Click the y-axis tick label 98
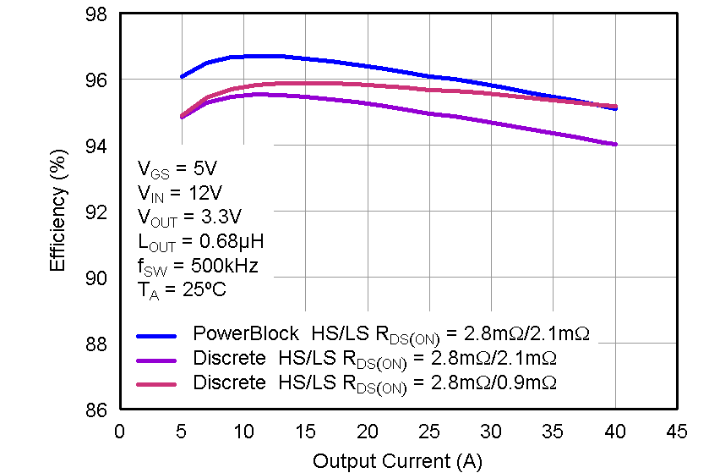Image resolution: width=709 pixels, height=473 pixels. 96,14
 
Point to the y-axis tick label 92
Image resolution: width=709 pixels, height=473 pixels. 96,212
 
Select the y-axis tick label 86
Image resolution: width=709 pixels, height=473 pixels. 96,410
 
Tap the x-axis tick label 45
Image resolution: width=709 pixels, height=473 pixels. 676,432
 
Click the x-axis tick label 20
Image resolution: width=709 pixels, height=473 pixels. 367,432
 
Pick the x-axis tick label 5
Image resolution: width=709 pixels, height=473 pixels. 181,432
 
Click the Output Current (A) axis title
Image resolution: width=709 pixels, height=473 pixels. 397,461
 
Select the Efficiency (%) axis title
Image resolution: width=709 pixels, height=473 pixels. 57,212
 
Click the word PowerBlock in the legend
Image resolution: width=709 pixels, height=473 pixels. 246,333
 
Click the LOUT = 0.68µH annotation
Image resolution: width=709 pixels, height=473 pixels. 199,241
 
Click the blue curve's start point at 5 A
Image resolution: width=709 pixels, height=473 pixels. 182,77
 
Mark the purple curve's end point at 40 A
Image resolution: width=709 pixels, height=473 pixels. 614,144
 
